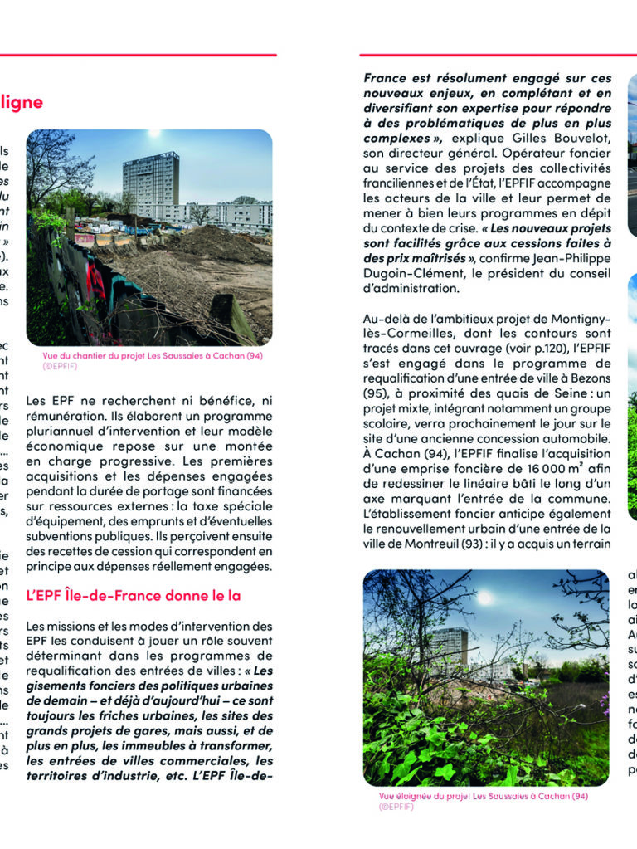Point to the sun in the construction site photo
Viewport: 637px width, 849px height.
[x=153, y=133]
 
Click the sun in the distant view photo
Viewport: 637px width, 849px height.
[x=484, y=597]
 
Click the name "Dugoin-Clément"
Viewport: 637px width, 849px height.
[x=404, y=273]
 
